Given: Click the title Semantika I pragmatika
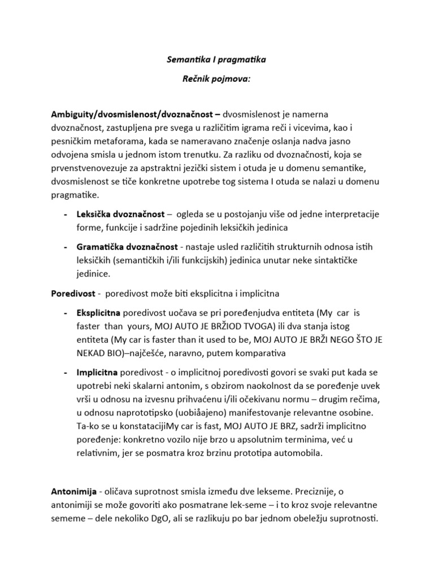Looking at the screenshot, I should tap(217, 58).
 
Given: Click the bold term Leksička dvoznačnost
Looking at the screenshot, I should tap(120, 215).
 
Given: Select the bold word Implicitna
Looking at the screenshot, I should tap(97, 373).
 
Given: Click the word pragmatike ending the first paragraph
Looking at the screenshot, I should tap(74, 196).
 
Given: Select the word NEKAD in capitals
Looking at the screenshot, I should tap(92, 353).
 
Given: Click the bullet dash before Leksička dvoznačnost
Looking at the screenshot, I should tap(66, 215).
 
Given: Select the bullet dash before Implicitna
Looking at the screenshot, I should tap(66, 373).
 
